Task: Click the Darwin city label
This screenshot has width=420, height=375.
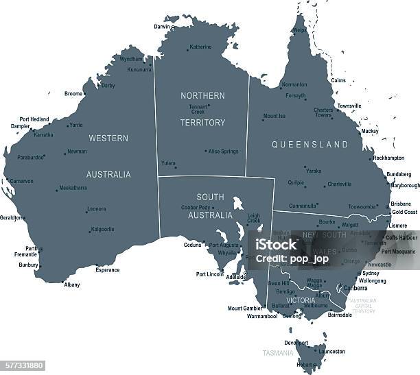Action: pyautogui.click(x=161, y=27)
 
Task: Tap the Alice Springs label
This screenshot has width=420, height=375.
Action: pyautogui.click(x=224, y=151)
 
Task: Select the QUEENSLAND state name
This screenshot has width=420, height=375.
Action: pyautogui.click(x=310, y=145)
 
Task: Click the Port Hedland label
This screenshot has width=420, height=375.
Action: pyautogui.click(x=34, y=119)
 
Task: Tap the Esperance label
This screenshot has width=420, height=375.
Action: pyautogui.click(x=108, y=270)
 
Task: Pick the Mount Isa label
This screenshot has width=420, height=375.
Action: pyautogui.click(x=275, y=117)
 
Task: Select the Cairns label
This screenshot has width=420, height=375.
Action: pyautogui.click(x=338, y=81)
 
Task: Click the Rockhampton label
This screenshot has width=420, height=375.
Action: pyautogui.click(x=388, y=158)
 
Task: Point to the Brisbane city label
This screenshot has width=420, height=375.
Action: pyautogui.click(x=401, y=204)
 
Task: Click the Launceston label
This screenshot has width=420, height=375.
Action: pyautogui.click(x=332, y=352)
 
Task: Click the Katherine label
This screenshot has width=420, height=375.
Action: pyautogui.click(x=200, y=47)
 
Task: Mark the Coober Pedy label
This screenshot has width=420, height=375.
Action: pyautogui.click(x=194, y=207)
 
